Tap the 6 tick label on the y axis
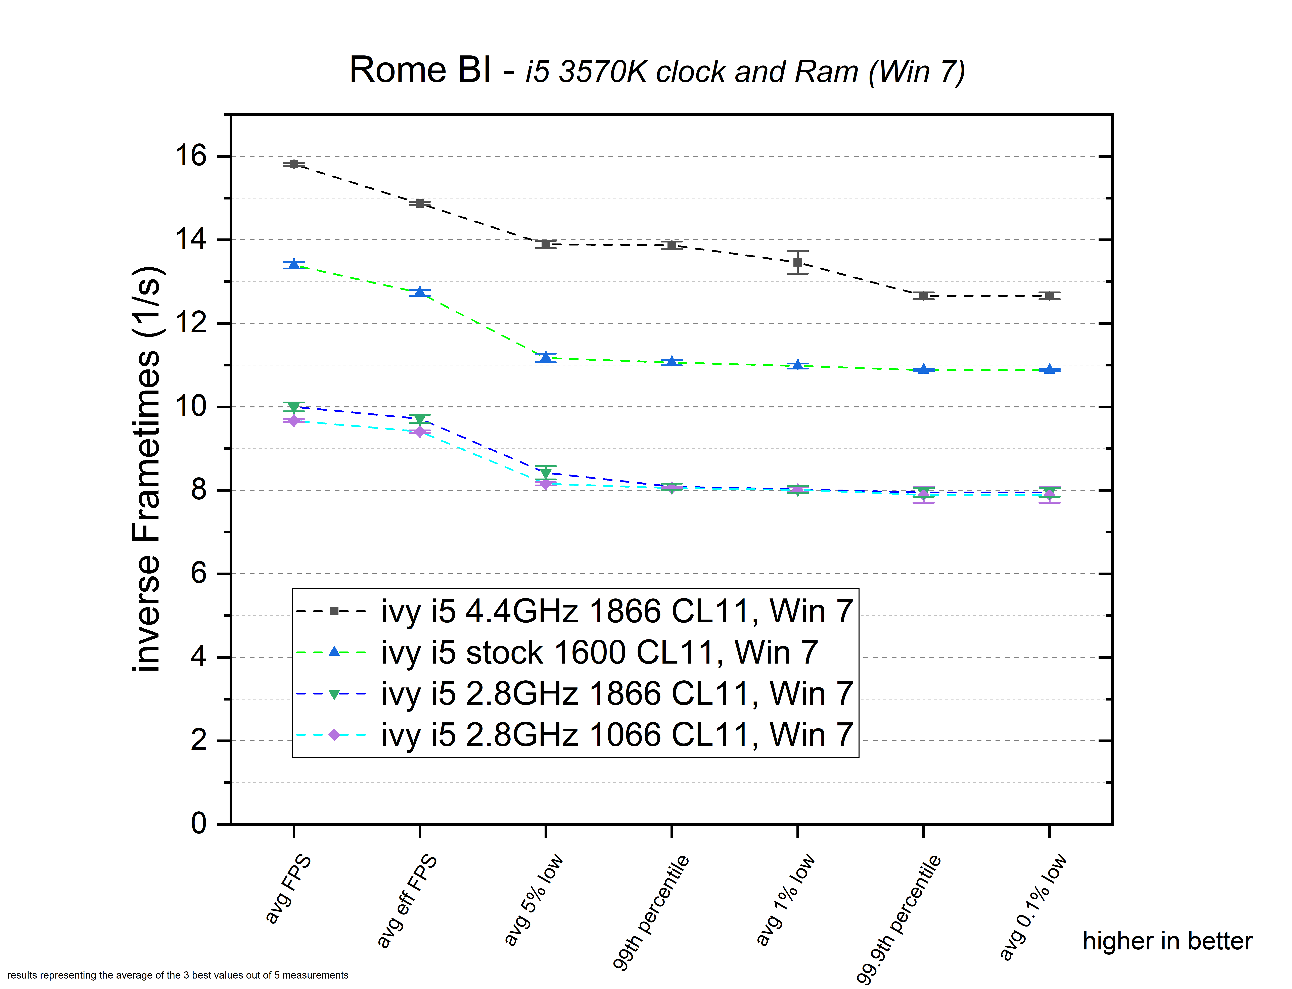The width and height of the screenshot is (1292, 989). [199, 573]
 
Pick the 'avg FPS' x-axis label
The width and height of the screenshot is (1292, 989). [288, 889]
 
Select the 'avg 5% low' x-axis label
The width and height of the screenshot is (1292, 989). [533, 900]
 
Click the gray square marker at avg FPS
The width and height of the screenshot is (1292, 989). [294, 164]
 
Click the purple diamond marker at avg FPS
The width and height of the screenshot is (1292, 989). [294, 421]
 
